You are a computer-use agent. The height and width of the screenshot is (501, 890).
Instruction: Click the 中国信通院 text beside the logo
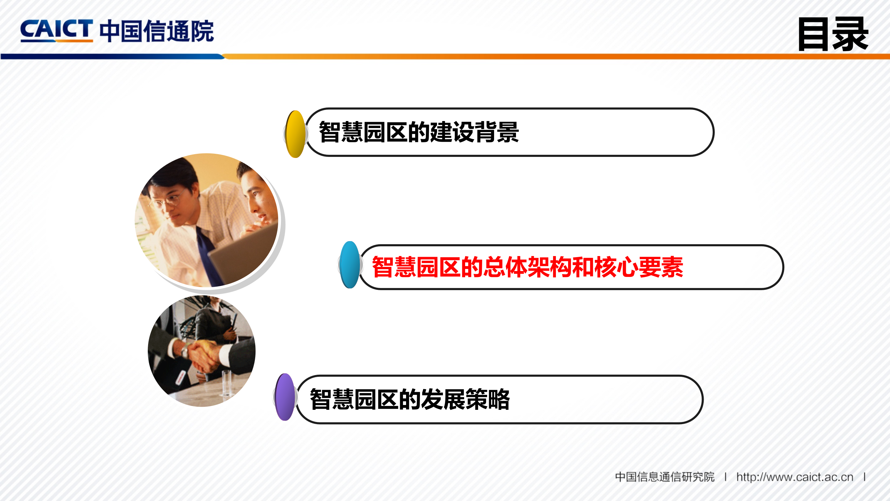[x=156, y=31]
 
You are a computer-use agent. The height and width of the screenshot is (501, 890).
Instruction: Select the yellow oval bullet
[x=295, y=134]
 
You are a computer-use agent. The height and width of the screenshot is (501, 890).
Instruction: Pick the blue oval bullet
[x=350, y=265]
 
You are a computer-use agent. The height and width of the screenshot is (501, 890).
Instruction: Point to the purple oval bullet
[x=285, y=397]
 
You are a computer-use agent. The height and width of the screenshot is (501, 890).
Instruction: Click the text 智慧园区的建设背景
[x=419, y=132]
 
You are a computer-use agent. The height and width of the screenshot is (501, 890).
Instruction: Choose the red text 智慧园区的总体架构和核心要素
[x=527, y=267]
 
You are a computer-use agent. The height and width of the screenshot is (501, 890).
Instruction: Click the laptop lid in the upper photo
[x=243, y=254]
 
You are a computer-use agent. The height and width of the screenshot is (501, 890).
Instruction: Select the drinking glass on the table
[x=226, y=383]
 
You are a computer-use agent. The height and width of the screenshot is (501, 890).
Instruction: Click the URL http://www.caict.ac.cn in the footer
[x=795, y=477]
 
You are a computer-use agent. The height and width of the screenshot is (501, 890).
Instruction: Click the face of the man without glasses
[x=257, y=200]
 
